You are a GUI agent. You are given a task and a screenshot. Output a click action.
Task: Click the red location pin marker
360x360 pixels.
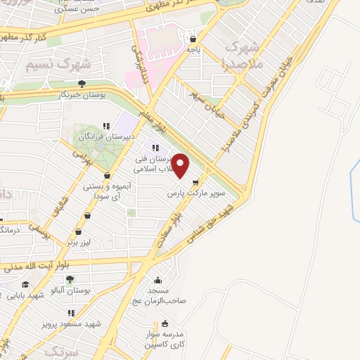181,166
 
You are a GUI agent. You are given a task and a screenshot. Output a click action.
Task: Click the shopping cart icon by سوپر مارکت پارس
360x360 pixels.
205,181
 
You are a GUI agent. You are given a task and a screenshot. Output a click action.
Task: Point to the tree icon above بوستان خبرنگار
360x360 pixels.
82,83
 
